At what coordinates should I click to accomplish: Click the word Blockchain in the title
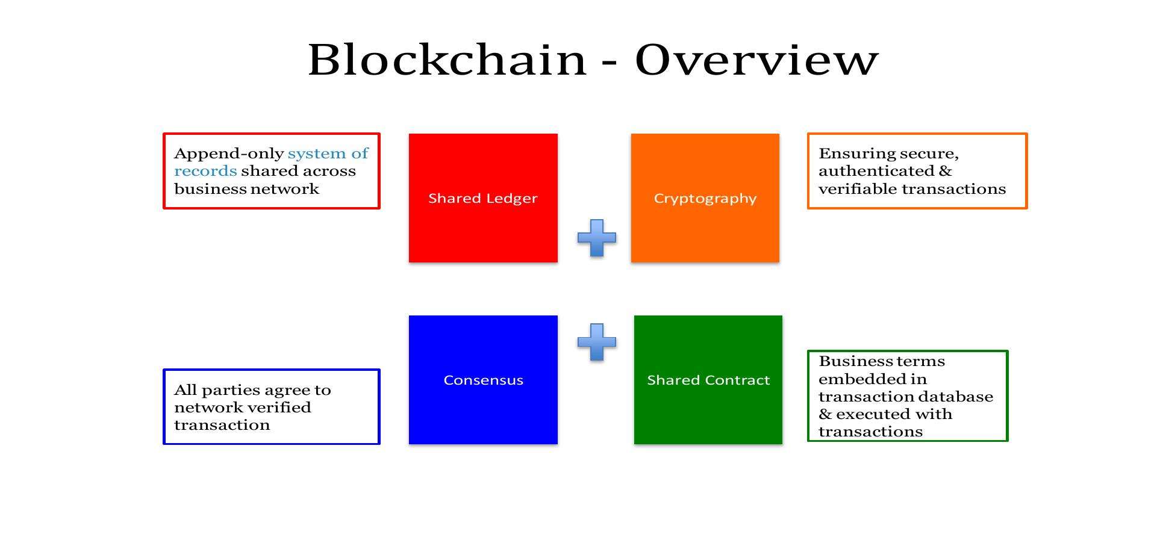click(x=447, y=60)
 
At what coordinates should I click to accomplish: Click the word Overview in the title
click(x=756, y=60)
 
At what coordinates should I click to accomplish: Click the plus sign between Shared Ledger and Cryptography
click(x=596, y=238)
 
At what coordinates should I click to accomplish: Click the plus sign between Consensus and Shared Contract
click(x=596, y=342)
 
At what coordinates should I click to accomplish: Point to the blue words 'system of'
click(x=328, y=154)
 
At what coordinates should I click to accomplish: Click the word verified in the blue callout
click(x=282, y=408)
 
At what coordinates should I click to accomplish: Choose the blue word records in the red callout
click(x=205, y=172)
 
